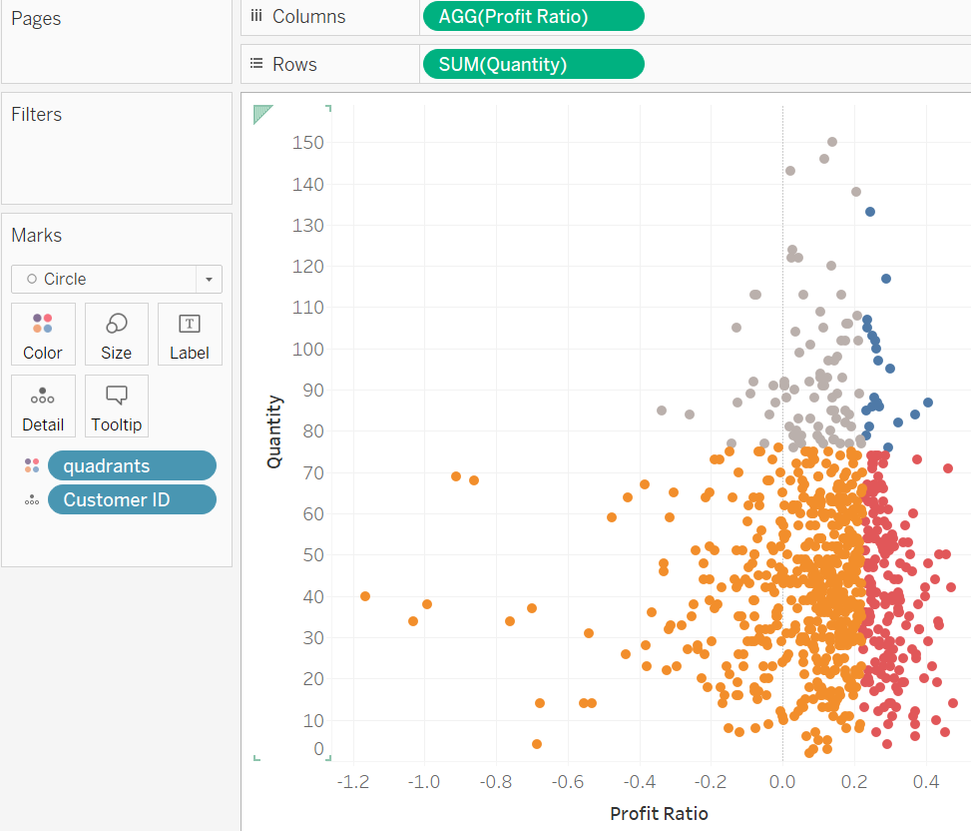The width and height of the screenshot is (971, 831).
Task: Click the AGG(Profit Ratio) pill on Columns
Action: [533, 16]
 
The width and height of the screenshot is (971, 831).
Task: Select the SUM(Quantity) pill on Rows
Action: [533, 64]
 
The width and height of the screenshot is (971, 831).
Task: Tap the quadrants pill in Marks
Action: [138, 465]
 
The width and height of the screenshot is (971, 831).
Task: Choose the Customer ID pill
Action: [138, 499]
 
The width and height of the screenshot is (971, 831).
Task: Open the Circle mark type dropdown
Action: [117, 279]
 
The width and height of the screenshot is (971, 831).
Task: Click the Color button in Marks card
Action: [43, 335]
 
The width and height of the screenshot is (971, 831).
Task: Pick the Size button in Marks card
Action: [116, 335]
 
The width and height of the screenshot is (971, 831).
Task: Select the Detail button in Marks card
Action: [43, 407]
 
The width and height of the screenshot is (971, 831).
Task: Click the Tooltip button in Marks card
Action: [116, 407]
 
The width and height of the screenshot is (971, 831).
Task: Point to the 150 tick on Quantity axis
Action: [308, 142]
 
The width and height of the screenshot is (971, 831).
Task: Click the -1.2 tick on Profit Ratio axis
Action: [353, 780]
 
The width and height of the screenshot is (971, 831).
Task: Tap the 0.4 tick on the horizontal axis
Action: [926, 780]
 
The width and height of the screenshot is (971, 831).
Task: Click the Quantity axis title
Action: [274, 431]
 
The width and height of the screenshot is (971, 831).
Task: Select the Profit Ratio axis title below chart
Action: [659, 813]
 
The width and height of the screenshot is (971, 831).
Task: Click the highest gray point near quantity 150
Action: [832, 142]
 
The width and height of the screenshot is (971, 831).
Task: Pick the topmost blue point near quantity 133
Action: [870, 212]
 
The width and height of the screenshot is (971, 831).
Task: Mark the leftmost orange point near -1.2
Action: [365, 596]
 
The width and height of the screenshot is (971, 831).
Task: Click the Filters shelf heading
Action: [37, 115]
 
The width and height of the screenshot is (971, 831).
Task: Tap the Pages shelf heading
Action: [36, 20]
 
